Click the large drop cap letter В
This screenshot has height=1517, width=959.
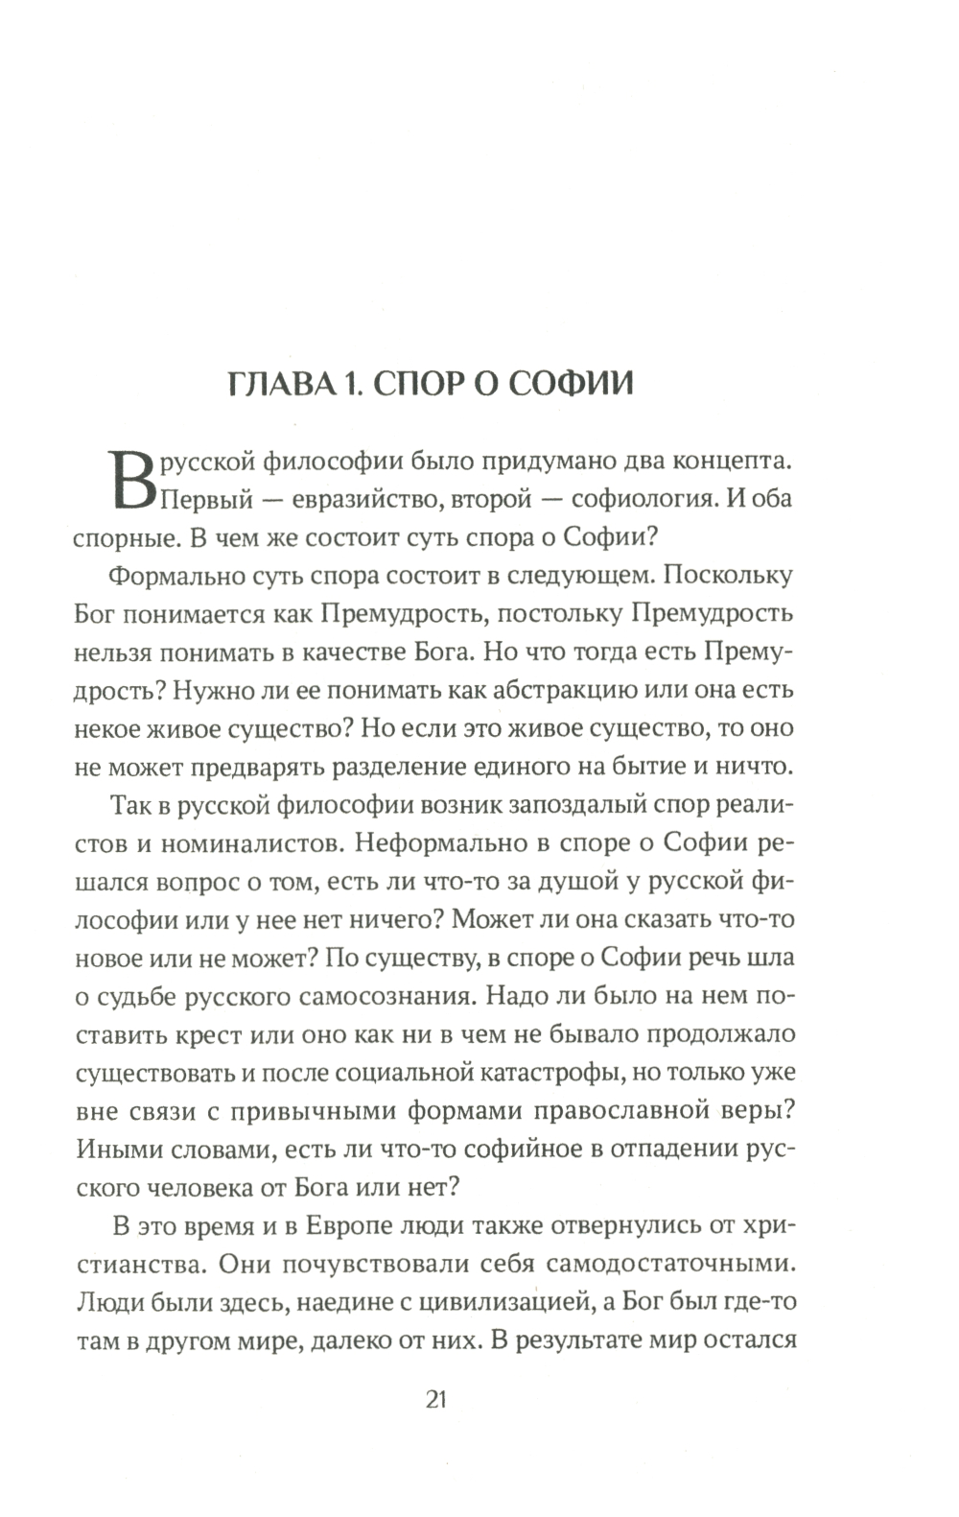pyautogui.click(x=131, y=479)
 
